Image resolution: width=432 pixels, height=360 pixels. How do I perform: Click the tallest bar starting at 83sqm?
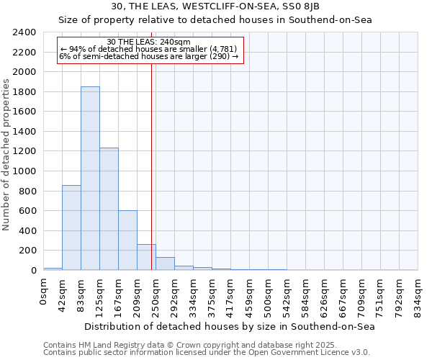click(x=90, y=179)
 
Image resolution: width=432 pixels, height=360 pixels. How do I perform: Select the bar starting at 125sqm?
click(x=109, y=209)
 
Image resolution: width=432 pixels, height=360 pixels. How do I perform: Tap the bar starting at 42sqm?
click(x=71, y=228)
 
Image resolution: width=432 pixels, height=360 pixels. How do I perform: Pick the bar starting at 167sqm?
click(x=127, y=240)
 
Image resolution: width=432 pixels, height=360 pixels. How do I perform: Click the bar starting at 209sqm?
click(x=146, y=257)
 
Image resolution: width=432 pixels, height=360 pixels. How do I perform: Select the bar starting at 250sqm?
click(x=165, y=264)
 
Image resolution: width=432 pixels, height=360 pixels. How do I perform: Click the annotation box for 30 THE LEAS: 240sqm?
click(x=149, y=49)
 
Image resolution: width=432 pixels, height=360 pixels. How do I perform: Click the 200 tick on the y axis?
click(x=27, y=251)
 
